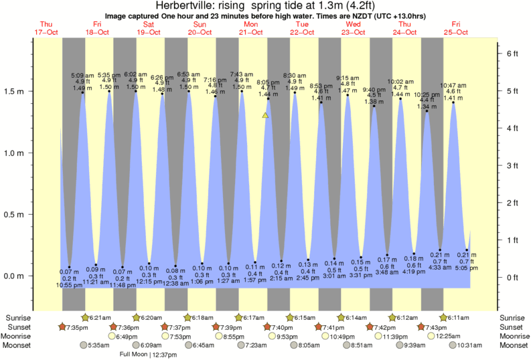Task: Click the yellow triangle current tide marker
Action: pyautogui.click(x=265, y=116)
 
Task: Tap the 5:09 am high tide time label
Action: pyautogui.click(x=82, y=76)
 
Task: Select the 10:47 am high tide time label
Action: pyautogui.click(x=453, y=85)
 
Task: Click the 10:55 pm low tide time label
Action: pyautogui.click(x=69, y=285)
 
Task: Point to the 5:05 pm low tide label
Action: pyautogui.click(x=466, y=268)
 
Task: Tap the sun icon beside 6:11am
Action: pyautogui.click(x=443, y=317)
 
